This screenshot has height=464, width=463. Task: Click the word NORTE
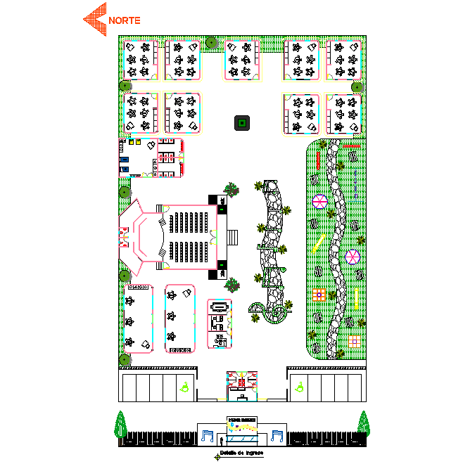[125, 20]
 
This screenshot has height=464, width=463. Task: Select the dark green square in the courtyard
[241, 124]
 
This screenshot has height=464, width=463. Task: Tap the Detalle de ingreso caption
[241, 453]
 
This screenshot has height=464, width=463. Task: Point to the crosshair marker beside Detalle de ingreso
[217, 457]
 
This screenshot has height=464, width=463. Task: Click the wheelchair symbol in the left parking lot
[184, 386]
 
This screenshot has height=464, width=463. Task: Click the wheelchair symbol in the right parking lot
[300, 386]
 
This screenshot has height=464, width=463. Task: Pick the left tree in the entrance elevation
[120, 425]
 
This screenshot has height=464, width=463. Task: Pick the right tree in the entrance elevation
[363, 424]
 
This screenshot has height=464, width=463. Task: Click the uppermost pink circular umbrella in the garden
[319, 202]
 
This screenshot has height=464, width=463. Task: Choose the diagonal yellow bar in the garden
[318, 243]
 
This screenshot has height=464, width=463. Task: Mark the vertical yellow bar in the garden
[356, 299]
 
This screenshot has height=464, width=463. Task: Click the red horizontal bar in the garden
[351, 146]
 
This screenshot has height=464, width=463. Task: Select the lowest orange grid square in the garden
[355, 342]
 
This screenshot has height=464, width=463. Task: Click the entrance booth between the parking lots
[241, 386]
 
